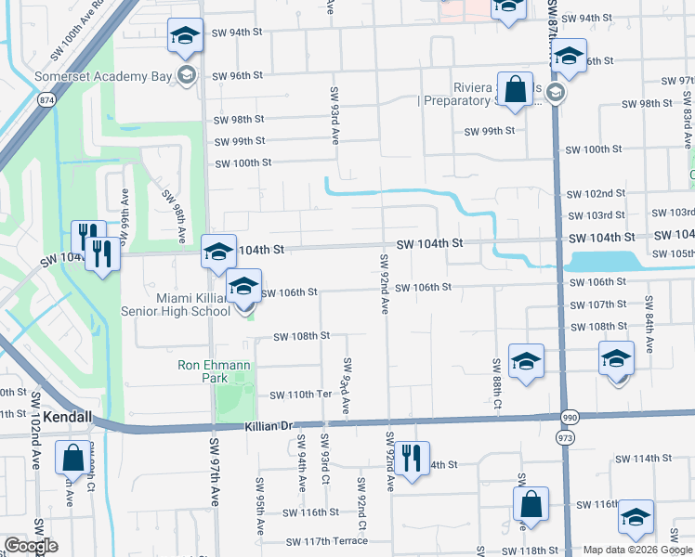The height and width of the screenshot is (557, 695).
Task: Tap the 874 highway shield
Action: (45, 98)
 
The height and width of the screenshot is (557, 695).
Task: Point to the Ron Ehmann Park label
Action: (215, 372)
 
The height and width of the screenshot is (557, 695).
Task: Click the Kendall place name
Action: (67, 418)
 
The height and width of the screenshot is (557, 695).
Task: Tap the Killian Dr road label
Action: (269, 426)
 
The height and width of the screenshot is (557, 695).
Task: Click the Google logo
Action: (31, 546)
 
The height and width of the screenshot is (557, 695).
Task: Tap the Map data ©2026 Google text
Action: (636, 550)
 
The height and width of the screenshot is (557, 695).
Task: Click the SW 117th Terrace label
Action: (327, 541)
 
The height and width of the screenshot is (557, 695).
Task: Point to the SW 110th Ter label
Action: (301, 395)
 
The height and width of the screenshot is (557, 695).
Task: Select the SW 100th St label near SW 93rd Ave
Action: (243, 162)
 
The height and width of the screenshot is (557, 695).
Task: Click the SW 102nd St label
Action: (596, 194)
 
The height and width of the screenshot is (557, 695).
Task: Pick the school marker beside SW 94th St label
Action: (185, 37)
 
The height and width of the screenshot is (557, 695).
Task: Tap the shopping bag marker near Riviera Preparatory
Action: (514, 89)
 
